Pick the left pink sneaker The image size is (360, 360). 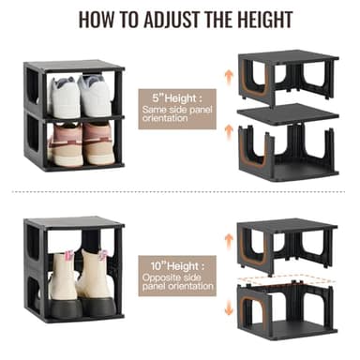pos(66,142)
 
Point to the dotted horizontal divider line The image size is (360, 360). pos(180,193)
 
